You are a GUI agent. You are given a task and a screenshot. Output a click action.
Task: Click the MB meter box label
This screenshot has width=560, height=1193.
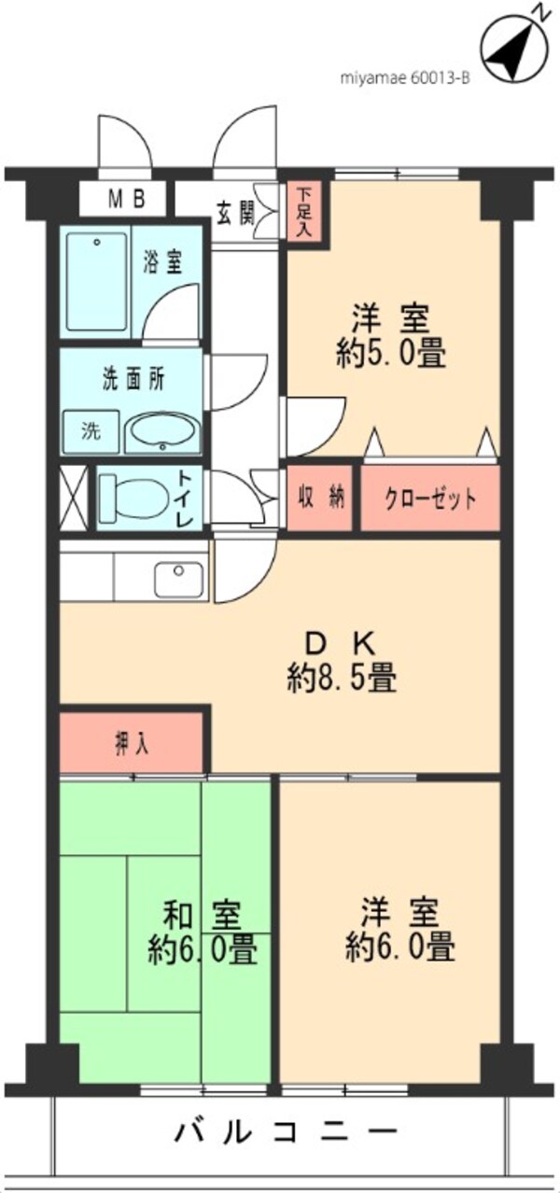tap(124, 199)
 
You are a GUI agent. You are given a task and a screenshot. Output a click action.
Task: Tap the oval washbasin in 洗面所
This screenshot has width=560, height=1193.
tap(161, 432)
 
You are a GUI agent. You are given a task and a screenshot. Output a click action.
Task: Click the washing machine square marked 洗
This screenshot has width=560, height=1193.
tap(90, 432)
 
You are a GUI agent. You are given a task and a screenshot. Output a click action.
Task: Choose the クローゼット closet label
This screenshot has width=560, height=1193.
tap(430, 498)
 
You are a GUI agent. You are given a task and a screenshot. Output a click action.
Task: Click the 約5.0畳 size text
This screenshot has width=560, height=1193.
tap(391, 354)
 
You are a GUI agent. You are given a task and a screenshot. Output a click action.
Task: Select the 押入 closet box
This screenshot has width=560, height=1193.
tap(132, 744)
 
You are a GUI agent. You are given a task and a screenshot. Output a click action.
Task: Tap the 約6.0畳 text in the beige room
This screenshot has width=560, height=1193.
tap(400, 947)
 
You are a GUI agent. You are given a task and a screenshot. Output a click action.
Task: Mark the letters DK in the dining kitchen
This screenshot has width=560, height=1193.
tap(342, 642)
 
